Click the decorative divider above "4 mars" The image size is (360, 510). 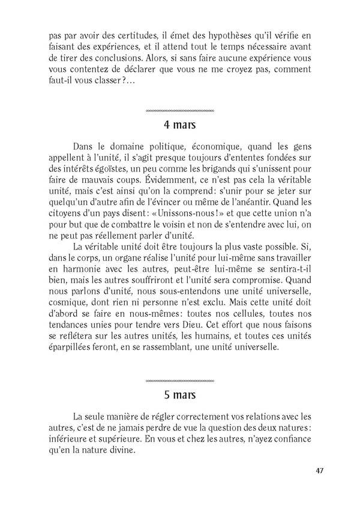[x=180, y=111]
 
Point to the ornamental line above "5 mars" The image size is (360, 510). [x=180, y=381]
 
